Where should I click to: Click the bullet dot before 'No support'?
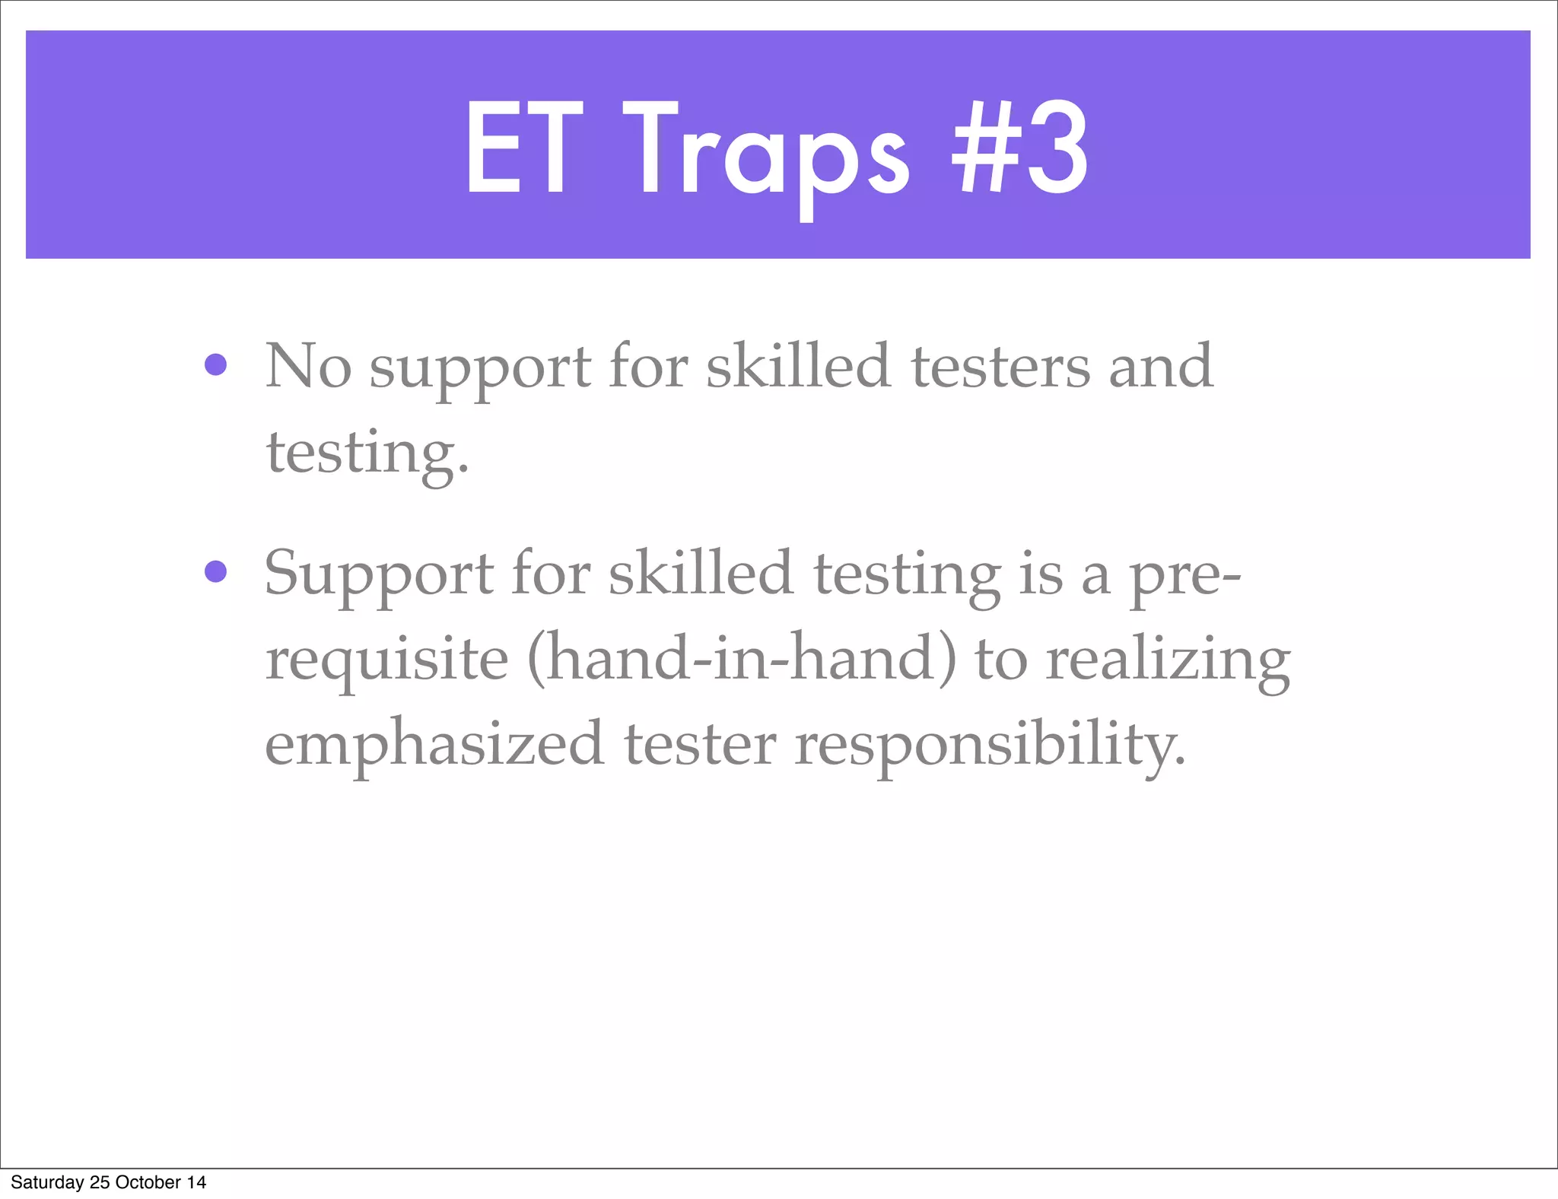[x=216, y=365]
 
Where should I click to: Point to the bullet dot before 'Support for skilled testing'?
[x=216, y=571]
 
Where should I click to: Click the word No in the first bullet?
[x=307, y=366]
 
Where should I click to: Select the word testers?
[x=1000, y=366]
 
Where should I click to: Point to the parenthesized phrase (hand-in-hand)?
[x=741, y=659]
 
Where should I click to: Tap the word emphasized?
[x=434, y=745]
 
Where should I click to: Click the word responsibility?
[x=990, y=745]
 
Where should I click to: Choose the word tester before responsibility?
[x=700, y=745]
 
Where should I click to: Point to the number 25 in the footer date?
[x=100, y=1182]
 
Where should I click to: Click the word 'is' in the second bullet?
[x=1040, y=574]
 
